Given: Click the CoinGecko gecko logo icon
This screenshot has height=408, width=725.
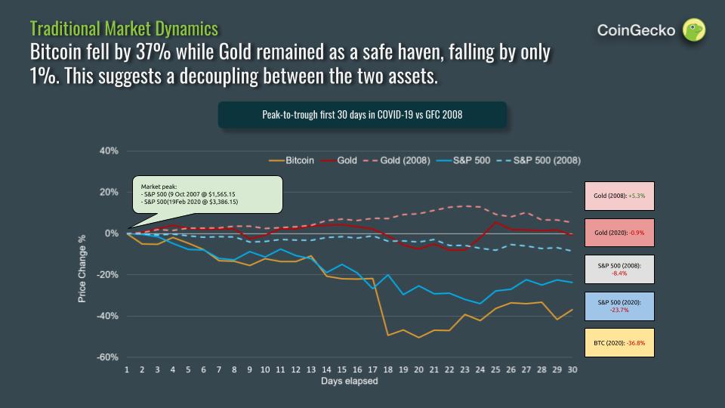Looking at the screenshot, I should pyautogui.click(x=694, y=30).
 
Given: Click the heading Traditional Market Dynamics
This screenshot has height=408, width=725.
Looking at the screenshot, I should pyautogui.click(x=124, y=29).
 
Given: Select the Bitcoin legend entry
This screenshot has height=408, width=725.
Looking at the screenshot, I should pyautogui.click(x=292, y=161).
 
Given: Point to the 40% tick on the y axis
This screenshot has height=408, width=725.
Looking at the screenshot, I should pyautogui.click(x=109, y=151).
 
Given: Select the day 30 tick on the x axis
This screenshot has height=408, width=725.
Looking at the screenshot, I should pyautogui.click(x=572, y=370).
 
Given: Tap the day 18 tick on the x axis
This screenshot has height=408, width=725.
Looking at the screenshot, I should pyautogui.click(x=387, y=370).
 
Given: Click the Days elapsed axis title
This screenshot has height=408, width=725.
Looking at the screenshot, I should pyautogui.click(x=348, y=382).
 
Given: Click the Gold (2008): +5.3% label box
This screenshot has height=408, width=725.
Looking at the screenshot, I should pyautogui.click(x=619, y=196).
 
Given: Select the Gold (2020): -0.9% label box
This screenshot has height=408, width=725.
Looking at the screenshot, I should pyautogui.click(x=619, y=232).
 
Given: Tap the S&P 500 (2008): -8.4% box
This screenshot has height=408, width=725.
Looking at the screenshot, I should pyautogui.click(x=619, y=268).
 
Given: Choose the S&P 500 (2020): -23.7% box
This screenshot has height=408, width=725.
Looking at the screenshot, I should pyautogui.click(x=619, y=305).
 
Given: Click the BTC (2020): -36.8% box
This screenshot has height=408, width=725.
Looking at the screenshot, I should pyautogui.click(x=619, y=342).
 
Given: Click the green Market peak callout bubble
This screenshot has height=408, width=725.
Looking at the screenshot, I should pyautogui.click(x=206, y=193).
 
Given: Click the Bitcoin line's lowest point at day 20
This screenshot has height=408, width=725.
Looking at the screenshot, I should pyautogui.click(x=418, y=337).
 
